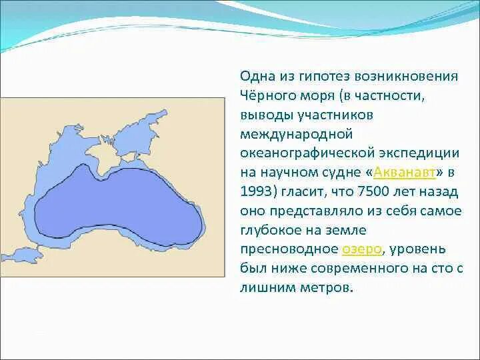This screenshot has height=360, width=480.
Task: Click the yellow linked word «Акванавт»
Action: (404, 173)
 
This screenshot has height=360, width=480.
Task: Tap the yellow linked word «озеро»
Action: (361, 249)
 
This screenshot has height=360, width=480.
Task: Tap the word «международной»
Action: (297, 134)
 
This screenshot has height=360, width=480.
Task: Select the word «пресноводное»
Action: (289, 249)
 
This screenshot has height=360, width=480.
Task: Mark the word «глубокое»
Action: (272, 231)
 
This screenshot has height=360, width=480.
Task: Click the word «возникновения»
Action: (407, 77)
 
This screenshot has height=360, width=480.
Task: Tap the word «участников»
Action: (335, 115)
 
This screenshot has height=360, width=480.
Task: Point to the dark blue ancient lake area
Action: (119, 203)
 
